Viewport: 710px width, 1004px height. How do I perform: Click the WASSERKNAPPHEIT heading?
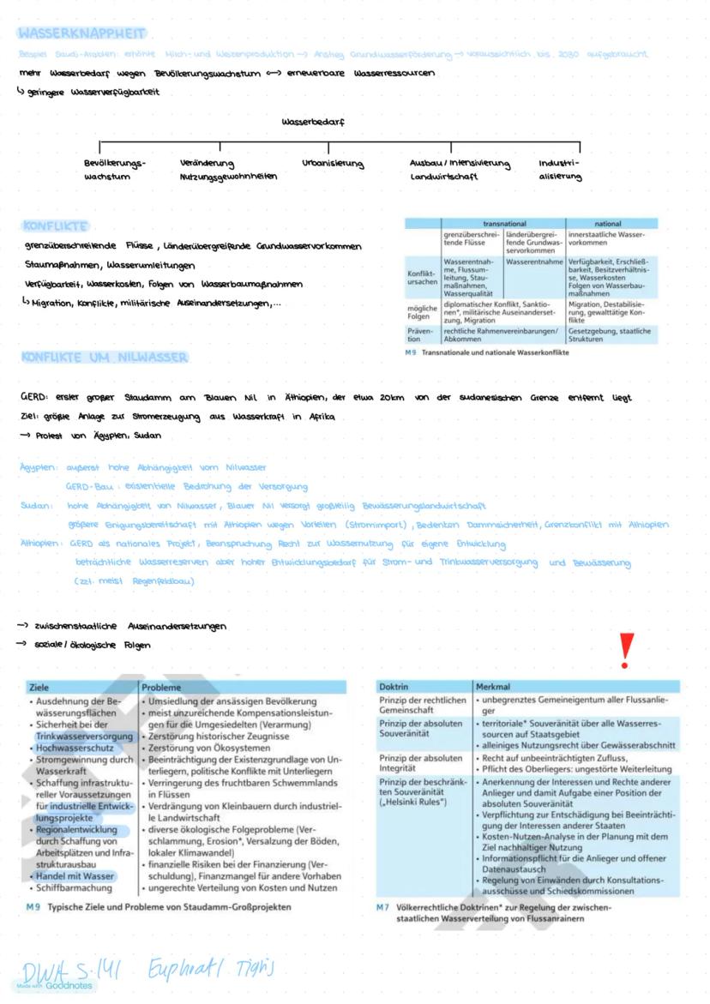pyautogui.click(x=81, y=33)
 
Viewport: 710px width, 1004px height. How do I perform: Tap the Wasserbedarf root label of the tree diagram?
pyautogui.click(x=313, y=122)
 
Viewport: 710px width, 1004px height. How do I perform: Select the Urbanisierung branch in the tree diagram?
pyautogui.click(x=333, y=163)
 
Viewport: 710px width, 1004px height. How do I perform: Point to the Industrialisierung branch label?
pyautogui.click(x=560, y=169)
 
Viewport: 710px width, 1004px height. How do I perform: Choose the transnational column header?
pyautogui.click(x=504, y=223)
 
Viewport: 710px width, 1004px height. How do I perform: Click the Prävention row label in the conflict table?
pyautogui.click(x=421, y=334)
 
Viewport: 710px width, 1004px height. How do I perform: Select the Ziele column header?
pyautogui.click(x=39, y=687)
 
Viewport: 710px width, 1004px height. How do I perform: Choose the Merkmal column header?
pyautogui.click(x=493, y=687)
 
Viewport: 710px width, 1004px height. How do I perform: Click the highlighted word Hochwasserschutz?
pyautogui.click(x=73, y=748)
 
